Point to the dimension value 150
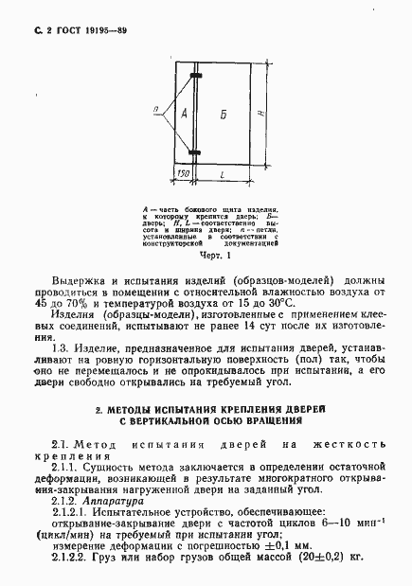click(x=184, y=176)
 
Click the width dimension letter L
click(x=221, y=176)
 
